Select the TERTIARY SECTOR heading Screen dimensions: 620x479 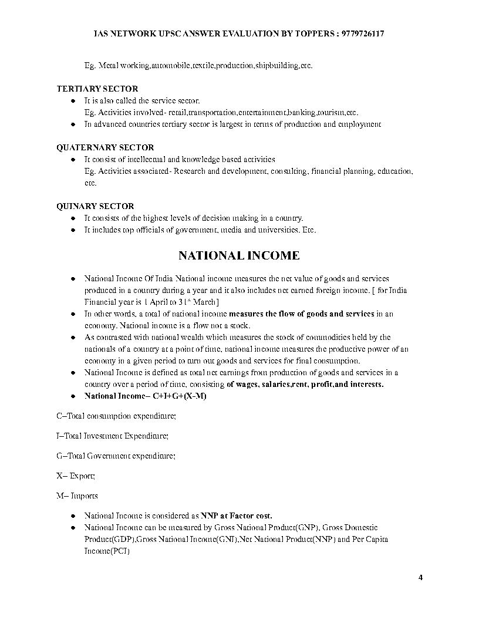97,89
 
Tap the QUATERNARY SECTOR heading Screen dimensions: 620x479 105,147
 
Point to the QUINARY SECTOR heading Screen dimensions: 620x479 95,206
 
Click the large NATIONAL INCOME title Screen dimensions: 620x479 239,255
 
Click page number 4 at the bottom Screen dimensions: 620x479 420,577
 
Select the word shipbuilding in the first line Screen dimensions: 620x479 276,65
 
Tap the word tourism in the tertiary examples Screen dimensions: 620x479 331,112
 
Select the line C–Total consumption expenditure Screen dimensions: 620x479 116,416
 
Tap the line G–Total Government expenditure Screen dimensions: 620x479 116,455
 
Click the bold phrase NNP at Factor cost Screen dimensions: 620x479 237,516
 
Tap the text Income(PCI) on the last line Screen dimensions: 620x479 107,551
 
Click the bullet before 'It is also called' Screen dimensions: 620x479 72,101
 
